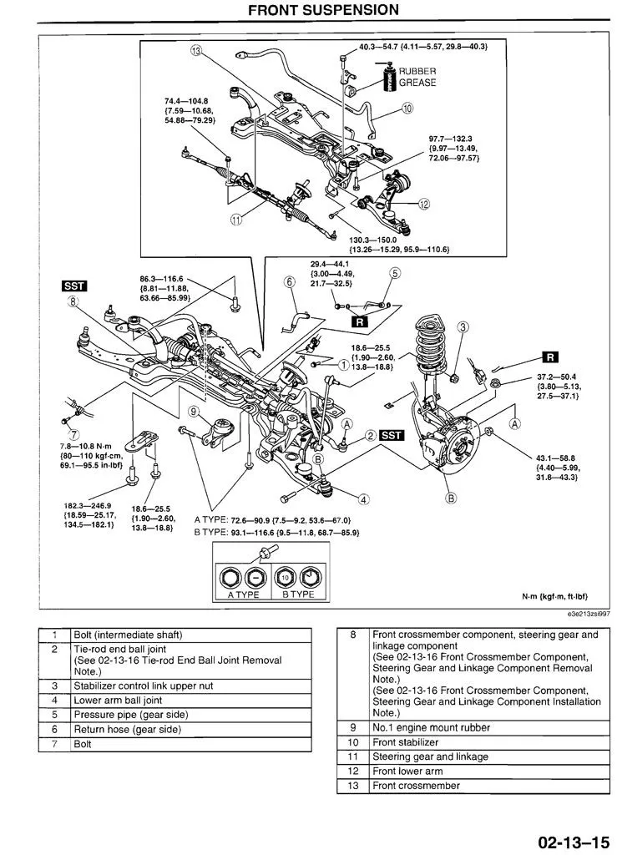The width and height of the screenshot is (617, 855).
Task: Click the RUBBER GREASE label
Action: (417, 78)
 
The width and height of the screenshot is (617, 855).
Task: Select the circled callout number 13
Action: (196, 51)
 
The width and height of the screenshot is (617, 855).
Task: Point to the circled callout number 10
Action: (407, 108)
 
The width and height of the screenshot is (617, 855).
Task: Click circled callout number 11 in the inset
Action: (237, 220)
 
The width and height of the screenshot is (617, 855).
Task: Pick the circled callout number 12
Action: (423, 203)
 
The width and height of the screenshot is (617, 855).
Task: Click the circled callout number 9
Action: (193, 411)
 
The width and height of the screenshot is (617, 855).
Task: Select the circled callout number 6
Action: (290, 282)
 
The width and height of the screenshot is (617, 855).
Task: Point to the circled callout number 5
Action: (394, 273)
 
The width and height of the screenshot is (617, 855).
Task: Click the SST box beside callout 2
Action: (392, 435)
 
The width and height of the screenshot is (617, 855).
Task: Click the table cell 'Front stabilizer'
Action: (405, 742)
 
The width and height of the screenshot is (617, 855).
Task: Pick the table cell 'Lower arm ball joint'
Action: (118, 700)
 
